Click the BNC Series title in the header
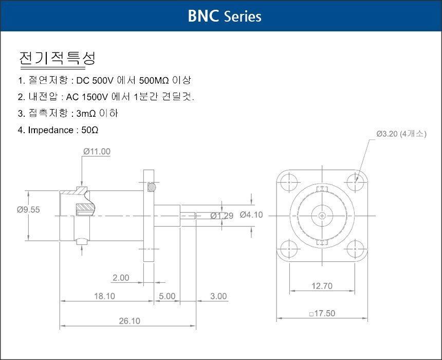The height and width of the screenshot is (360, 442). (x=225, y=16)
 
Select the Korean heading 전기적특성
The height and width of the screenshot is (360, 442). (x=57, y=58)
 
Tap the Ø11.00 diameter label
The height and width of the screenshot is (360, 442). (x=97, y=152)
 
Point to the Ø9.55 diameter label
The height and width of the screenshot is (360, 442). (x=28, y=210)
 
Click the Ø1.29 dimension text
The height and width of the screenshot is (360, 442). (x=222, y=216)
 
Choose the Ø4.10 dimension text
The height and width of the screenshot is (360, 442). (x=251, y=215)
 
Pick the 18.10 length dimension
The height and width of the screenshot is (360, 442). (x=104, y=296)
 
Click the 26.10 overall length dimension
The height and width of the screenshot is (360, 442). (x=130, y=321)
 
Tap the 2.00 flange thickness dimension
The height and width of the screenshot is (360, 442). (x=121, y=278)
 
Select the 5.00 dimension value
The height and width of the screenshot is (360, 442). (x=167, y=296)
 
